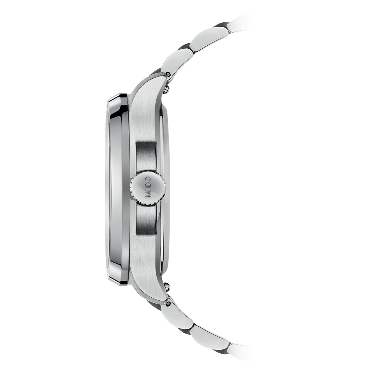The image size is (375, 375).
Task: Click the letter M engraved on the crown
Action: tap(148, 196)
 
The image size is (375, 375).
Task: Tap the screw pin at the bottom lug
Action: tap(168, 302)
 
